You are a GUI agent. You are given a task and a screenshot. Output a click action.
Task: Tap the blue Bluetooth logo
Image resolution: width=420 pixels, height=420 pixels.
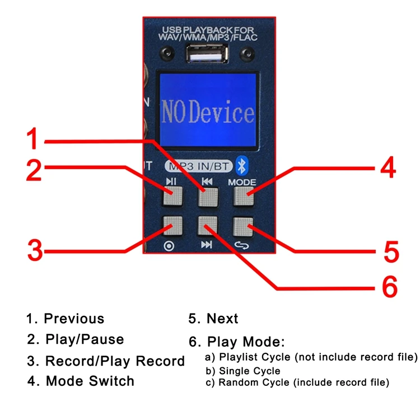[x=242, y=165]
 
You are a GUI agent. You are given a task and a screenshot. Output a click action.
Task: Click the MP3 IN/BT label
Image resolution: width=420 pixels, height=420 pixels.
[x=198, y=166]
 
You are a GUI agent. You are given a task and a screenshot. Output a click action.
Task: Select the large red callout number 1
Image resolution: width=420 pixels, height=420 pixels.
[x=34, y=138]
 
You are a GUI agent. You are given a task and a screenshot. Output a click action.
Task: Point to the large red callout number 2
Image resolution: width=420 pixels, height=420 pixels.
[x=34, y=170]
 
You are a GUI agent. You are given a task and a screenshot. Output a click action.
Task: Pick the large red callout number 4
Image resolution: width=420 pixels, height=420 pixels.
[x=387, y=169]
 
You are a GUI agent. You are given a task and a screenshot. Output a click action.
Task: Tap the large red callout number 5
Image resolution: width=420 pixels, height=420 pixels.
[x=391, y=251]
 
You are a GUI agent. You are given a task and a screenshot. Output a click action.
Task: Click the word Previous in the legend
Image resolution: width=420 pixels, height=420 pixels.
[x=74, y=319]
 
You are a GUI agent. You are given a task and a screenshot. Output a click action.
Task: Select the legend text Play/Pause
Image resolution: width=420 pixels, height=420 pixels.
[x=85, y=339]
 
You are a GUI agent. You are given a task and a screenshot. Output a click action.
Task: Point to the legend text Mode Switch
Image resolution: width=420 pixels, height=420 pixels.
[x=90, y=381]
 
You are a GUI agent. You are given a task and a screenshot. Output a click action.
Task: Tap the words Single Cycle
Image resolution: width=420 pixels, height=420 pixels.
[x=249, y=371]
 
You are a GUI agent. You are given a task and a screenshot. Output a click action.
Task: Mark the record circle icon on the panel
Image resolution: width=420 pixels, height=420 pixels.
[x=169, y=245]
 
